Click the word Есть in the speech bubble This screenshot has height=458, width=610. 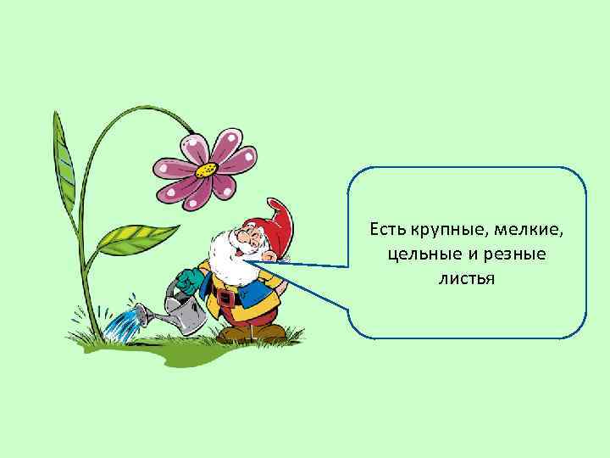point(385,229)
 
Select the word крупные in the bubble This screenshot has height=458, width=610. point(438,229)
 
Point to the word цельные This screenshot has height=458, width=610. point(414,254)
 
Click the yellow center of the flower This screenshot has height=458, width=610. point(205,168)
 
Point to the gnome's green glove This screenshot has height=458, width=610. point(188,279)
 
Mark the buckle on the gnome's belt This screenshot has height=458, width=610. point(225,299)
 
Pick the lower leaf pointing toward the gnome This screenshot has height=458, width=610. point(136,238)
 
